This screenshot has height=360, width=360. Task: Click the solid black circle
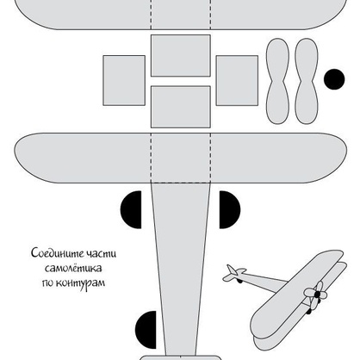click(334, 79)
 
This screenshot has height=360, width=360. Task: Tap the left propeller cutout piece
click(277, 81)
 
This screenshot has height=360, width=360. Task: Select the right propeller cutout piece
click(307, 81)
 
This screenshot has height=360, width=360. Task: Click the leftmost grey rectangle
click(124, 80)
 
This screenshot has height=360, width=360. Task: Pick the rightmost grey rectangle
click(237, 80)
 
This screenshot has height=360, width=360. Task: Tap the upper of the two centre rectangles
click(181, 55)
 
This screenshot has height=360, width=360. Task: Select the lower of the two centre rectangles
click(181, 107)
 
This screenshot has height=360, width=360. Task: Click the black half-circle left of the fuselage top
click(132, 209)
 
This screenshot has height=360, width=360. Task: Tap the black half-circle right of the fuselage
click(229, 209)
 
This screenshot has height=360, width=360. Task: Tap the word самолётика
click(73, 269)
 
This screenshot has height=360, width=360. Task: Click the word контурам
click(81, 283)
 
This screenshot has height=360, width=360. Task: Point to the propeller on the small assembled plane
click(316, 295)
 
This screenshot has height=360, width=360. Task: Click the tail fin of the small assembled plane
click(232, 270)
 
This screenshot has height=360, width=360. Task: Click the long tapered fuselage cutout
click(181, 269)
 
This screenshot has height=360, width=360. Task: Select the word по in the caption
click(47, 283)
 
